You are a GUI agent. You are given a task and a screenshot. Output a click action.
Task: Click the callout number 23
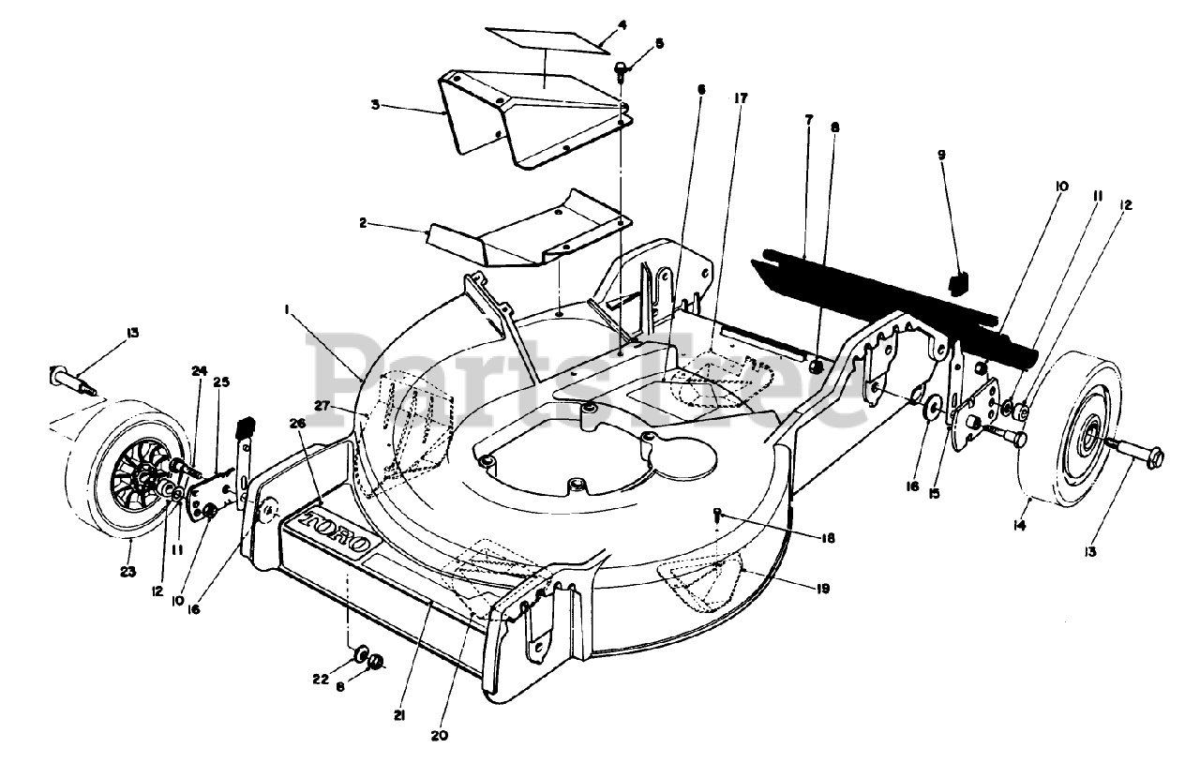click(x=128, y=571)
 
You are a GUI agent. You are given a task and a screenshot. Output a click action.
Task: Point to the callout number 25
click(x=221, y=381)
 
